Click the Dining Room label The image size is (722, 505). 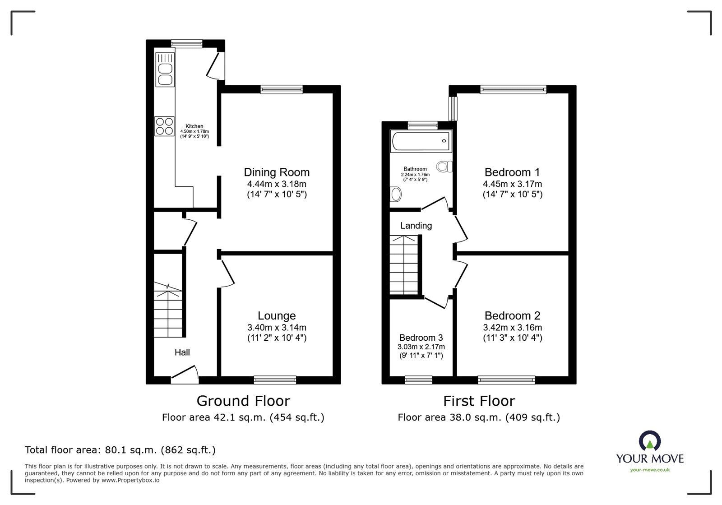(x=277, y=172)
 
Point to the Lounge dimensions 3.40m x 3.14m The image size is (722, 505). (x=277, y=327)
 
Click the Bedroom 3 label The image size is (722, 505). (x=421, y=338)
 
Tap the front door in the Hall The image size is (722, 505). (x=185, y=374)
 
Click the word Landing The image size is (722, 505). (x=416, y=226)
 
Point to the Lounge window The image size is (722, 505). (x=275, y=380)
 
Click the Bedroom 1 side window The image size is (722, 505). (x=454, y=108)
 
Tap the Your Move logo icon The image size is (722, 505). (x=650, y=441)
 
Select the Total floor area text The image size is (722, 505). (x=120, y=450)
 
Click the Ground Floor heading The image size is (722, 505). (x=243, y=401)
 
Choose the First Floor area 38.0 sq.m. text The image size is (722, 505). (x=479, y=417)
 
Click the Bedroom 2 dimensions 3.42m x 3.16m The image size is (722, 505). (x=512, y=327)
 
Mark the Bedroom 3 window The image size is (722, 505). (x=418, y=380)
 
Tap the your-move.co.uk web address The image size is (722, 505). (x=650, y=470)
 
